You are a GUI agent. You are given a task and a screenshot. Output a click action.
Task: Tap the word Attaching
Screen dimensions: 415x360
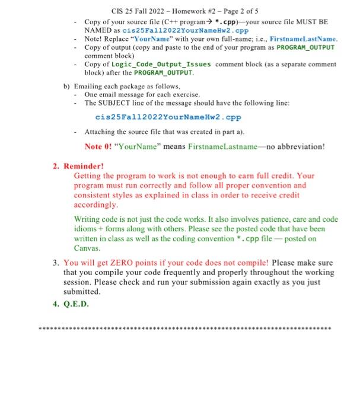(x=102, y=132)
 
